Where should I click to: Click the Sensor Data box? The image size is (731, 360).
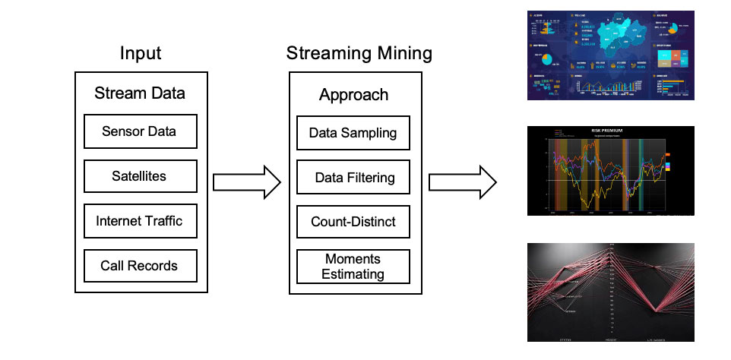coord(140,131)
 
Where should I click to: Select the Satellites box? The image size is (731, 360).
coord(140,176)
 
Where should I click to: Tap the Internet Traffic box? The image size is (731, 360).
coord(140,222)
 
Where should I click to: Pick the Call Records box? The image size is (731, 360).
coord(140,266)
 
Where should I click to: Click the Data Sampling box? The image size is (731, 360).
coord(353,133)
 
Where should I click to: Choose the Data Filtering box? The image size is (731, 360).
coord(353,178)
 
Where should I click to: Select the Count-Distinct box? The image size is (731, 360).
coord(353,223)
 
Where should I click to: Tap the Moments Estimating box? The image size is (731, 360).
coord(353,266)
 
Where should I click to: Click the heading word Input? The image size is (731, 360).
coord(141,54)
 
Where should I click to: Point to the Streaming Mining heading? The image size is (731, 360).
coord(359,54)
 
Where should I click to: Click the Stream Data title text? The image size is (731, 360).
coord(140,93)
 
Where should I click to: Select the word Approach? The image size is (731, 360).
coord(353,95)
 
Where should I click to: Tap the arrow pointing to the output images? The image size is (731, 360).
coord(462,182)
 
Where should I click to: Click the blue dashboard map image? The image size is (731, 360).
coord(611,55)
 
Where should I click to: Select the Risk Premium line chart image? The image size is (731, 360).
coord(611,170)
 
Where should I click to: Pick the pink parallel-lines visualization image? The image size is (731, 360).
coord(611,292)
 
